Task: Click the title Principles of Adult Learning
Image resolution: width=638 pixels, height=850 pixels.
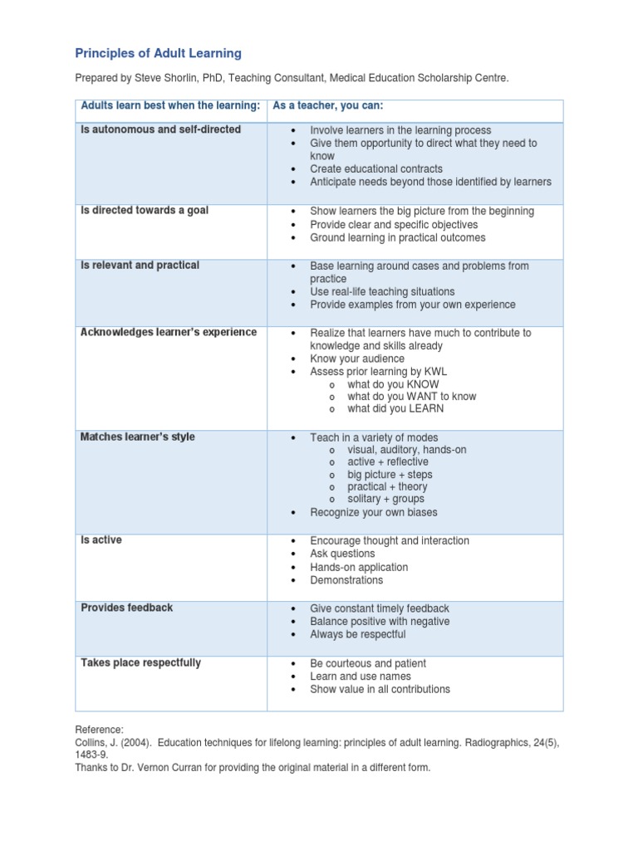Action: pos(158,53)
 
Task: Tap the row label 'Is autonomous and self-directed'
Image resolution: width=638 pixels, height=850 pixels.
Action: pos(160,129)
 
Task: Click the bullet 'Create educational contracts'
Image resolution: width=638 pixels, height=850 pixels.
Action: pos(376,169)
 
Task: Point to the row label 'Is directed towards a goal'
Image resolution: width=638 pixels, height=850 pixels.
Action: pos(145,211)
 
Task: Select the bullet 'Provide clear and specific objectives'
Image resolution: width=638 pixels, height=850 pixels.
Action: pos(394,225)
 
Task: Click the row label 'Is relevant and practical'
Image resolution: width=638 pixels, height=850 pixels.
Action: pos(140,266)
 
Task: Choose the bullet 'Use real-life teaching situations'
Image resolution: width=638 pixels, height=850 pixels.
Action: pos(382,292)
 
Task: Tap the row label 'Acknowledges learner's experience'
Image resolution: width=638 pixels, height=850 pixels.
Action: pos(169,333)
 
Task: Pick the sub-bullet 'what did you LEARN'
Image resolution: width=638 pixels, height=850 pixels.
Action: pos(395,408)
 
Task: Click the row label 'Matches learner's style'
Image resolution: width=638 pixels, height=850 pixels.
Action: pos(138,437)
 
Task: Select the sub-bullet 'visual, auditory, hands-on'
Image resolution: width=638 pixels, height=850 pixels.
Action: pos(406,449)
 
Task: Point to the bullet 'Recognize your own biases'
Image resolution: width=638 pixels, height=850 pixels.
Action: pos(373,512)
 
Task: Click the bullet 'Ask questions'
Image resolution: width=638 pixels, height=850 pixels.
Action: pos(342,554)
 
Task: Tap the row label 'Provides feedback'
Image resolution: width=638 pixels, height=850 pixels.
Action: pos(127,608)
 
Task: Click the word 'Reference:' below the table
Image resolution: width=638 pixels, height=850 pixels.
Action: pos(99,729)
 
